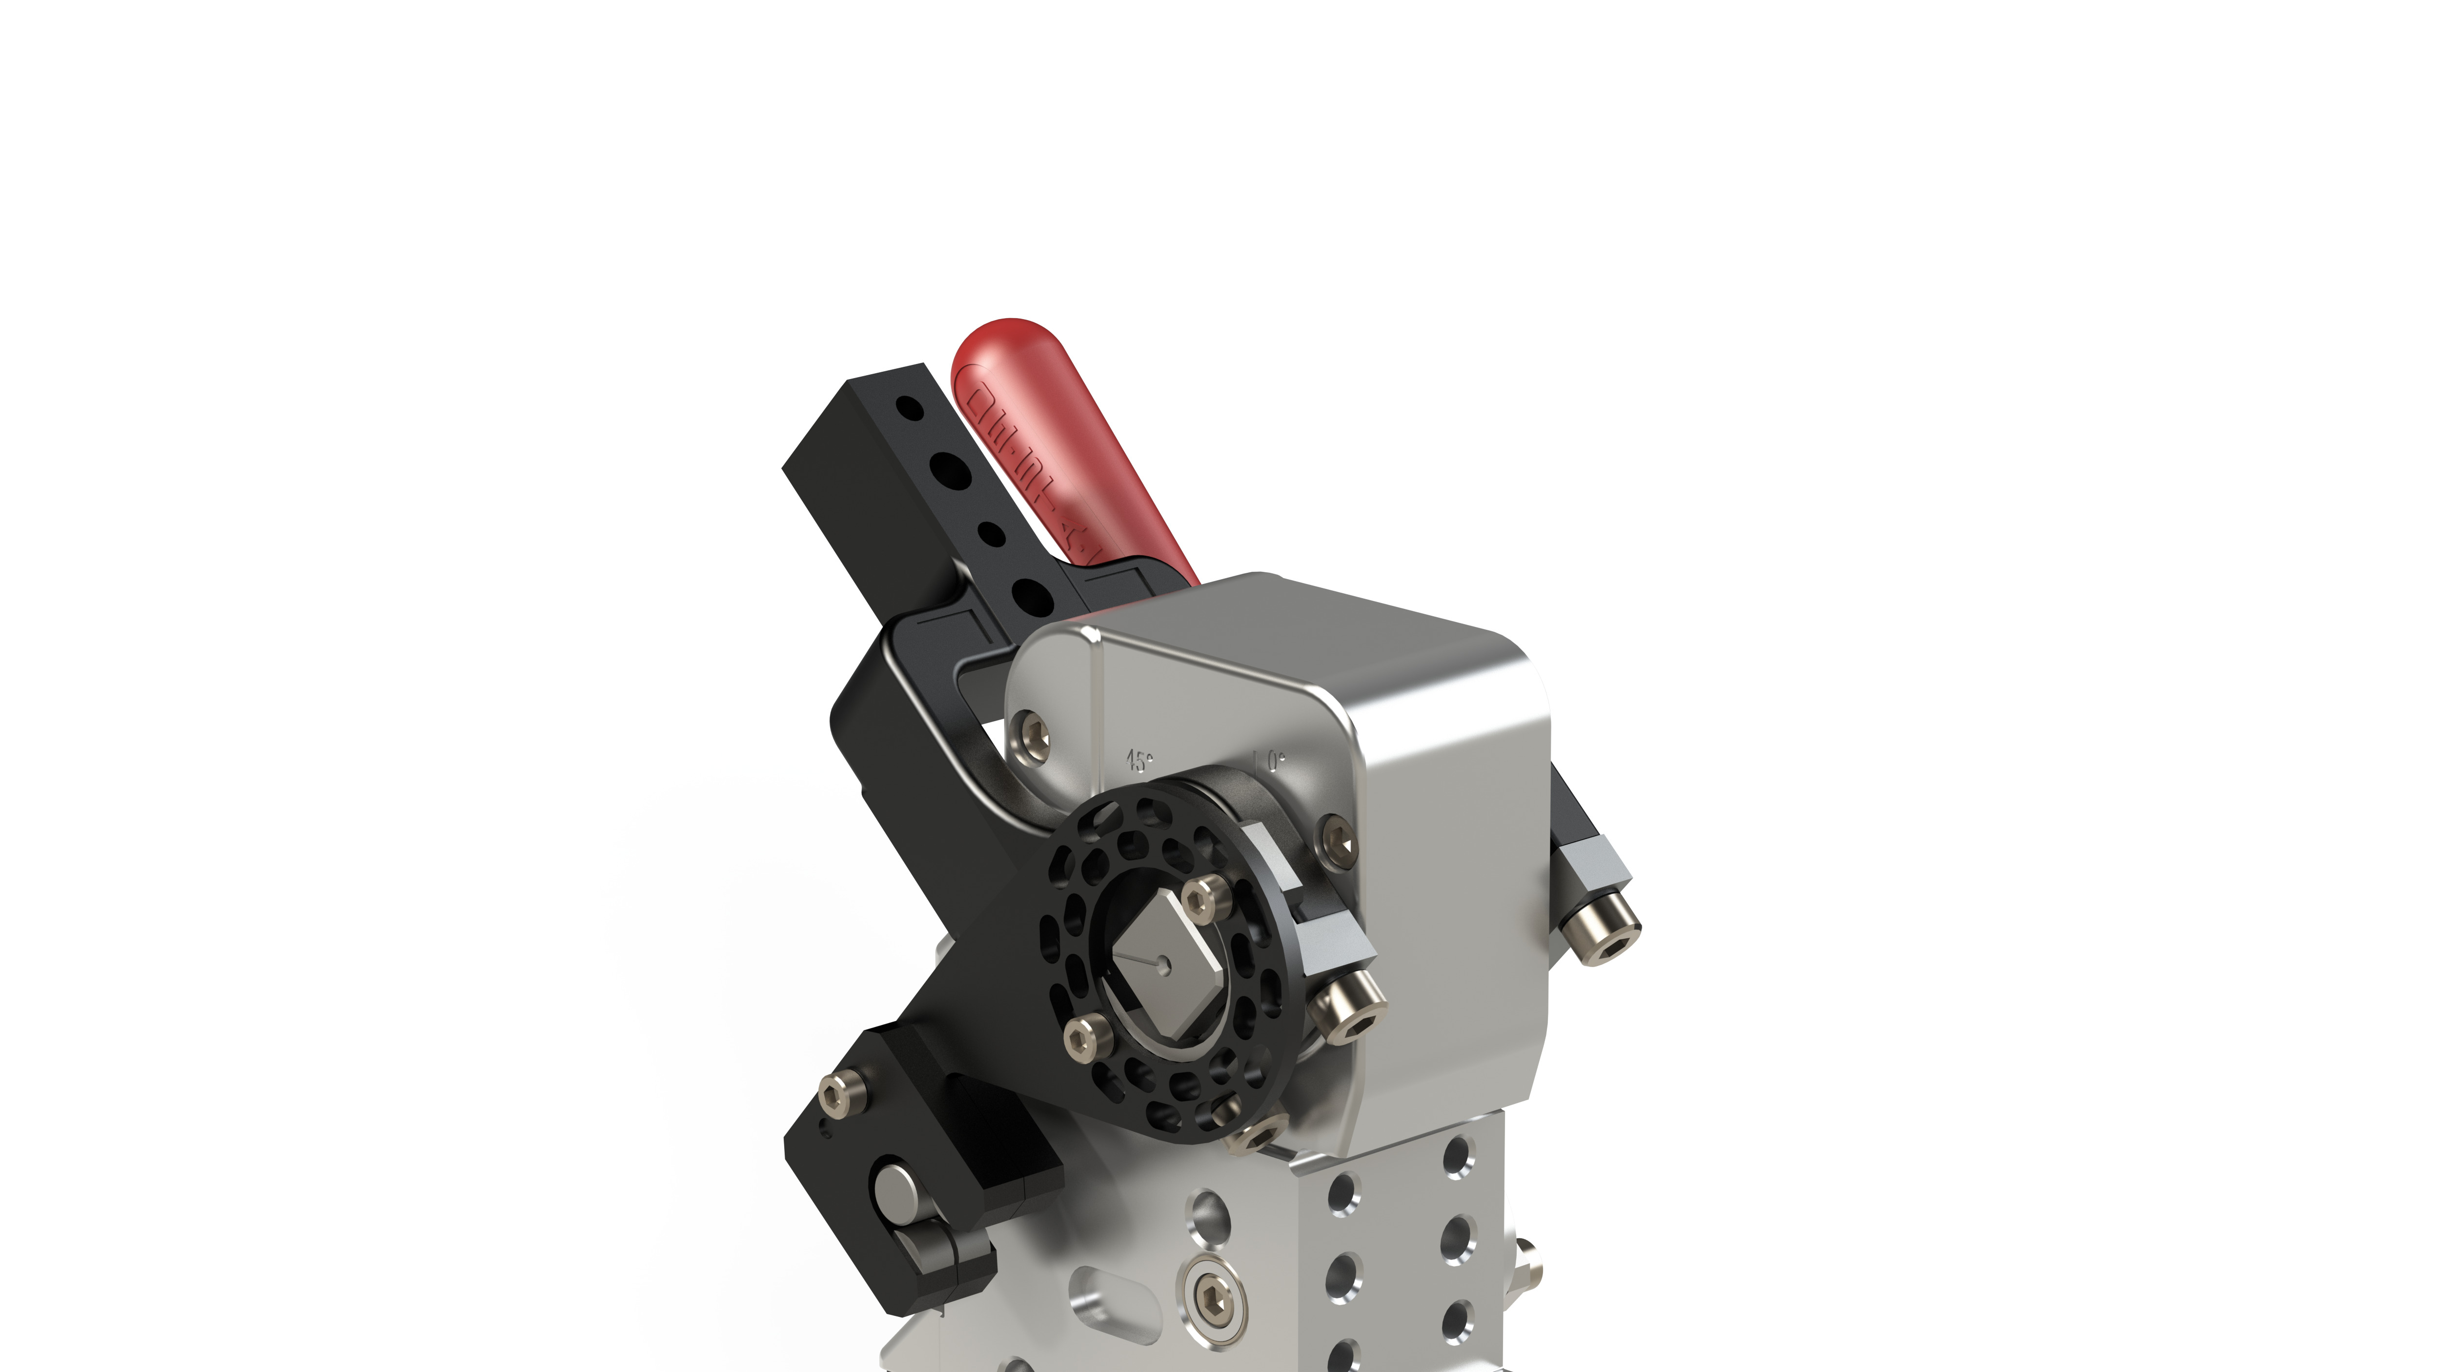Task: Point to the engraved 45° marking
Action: click(1139, 760)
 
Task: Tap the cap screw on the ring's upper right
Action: click(1200, 895)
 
